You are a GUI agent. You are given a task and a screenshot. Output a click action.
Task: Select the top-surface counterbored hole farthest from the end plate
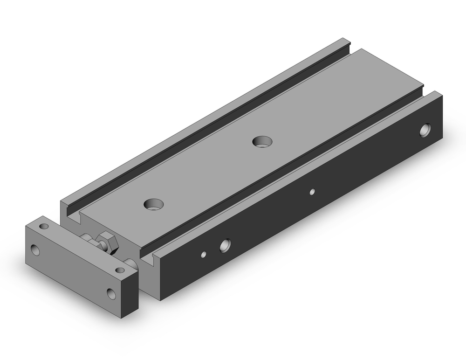tap(262, 140)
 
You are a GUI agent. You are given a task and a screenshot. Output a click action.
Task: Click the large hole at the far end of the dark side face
tap(425, 131)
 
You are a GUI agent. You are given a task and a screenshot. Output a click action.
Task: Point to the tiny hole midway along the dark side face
tap(313, 191)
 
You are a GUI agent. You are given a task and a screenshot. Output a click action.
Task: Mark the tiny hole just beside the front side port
tap(204, 254)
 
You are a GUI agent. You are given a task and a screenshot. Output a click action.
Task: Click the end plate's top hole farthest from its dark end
tap(44, 227)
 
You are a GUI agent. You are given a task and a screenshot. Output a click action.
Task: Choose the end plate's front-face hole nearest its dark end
tap(111, 293)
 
